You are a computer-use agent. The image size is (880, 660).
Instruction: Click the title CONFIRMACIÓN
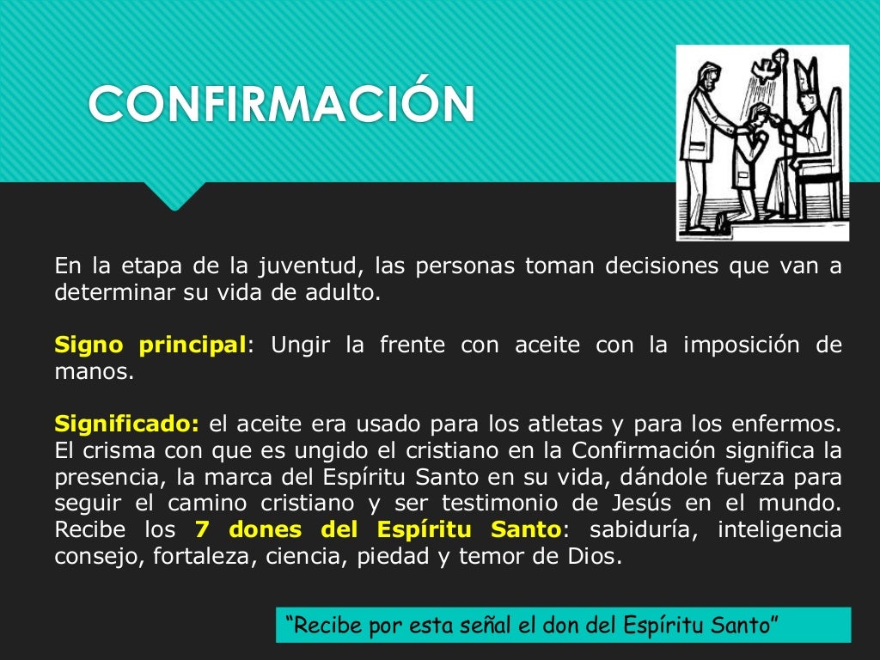click(x=281, y=104)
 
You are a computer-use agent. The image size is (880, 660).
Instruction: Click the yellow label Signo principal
click(x=150, y=345)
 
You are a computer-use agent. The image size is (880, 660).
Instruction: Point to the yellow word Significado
click(x=126, y=424)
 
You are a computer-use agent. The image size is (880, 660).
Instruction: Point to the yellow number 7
click(x=201, y=529)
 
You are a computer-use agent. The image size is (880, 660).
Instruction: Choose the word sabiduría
click(x=632, y=529)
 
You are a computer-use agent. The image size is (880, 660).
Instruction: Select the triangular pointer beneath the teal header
click(x=174, y=196)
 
